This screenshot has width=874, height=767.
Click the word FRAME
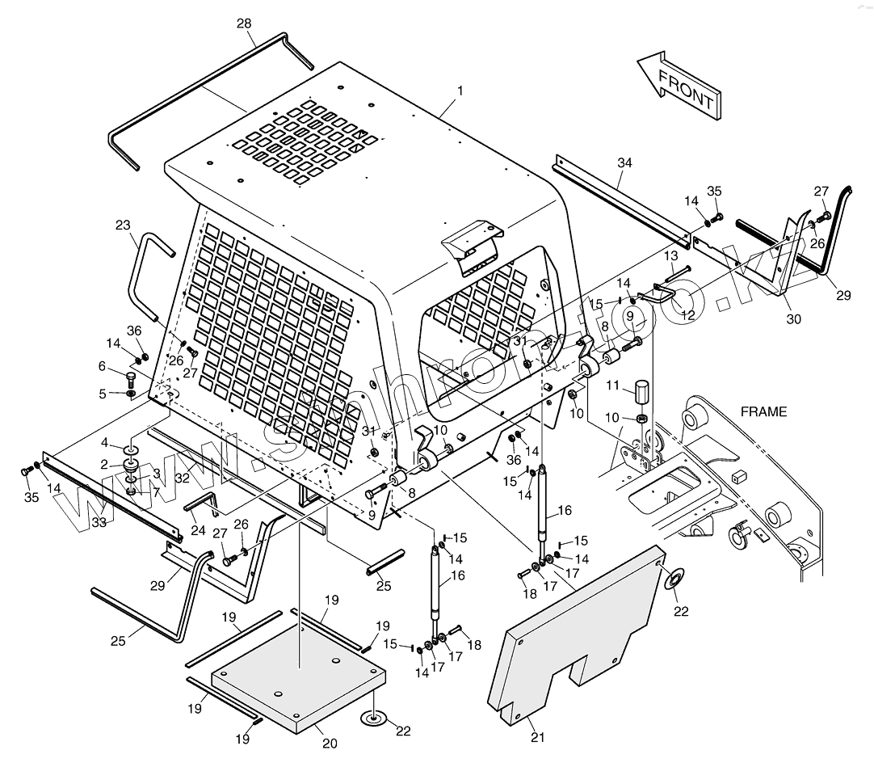point(763,411)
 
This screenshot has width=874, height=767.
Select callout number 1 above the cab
point(460,91)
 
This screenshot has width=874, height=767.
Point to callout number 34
point(624,163)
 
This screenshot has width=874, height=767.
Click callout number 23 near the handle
point(123,225)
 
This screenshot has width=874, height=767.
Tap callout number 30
point(793,318)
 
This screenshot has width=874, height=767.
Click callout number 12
point(687,315)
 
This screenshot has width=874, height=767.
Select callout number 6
point(102,366)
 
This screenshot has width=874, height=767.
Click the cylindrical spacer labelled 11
point(642,394)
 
